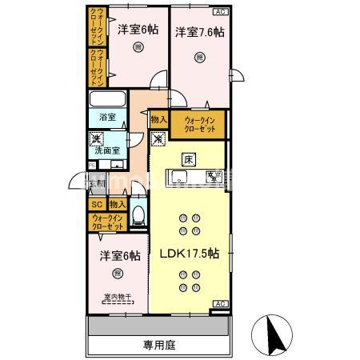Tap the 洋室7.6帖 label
pyautogui.click(x=200, y=32)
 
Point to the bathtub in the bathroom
pyautogui.click(x=106, y=100)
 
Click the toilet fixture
pyautogui.click(x=139, y=214)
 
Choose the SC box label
pyautogui.click(x=95, y=204)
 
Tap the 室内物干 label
pyautogui.click(x=118, y=300)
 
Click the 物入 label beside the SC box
pyautogui.click(x=117, y=204)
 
